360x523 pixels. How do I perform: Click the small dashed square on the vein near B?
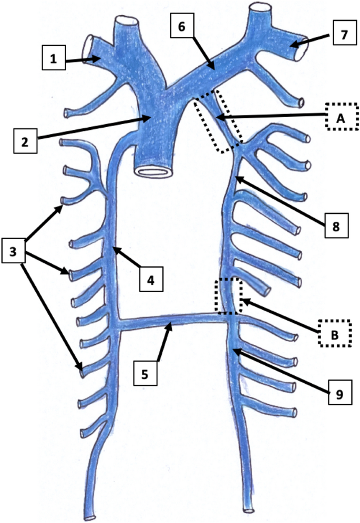pos(229,295)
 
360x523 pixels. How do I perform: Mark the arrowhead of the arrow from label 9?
pos(233,349)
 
